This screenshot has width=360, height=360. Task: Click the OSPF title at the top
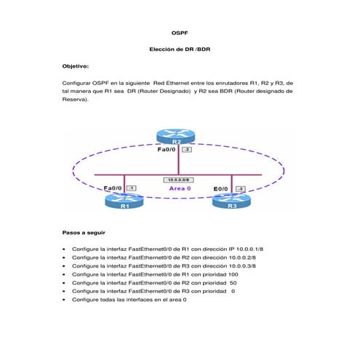tap(180, 33)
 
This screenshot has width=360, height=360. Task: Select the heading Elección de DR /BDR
tap(180, 49)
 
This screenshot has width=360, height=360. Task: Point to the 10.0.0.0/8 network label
tap(180, 179)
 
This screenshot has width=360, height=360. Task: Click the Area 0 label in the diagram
tap(180, 188)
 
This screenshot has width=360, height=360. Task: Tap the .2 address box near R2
tap(186, 149)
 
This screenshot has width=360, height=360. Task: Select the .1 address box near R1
tap(131, 188)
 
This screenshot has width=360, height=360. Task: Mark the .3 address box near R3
tap(241, 189)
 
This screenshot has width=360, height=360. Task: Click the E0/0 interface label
tap(223, 189)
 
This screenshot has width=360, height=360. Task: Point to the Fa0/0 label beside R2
tap(168, 150)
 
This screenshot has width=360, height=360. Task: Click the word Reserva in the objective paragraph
tap(76, 100)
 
